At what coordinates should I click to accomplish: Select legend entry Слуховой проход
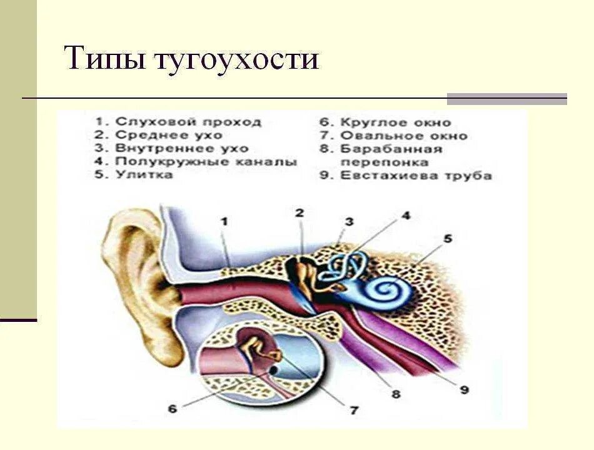[x=181, y=121]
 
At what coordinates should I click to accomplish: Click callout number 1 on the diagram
[x=224, y=221]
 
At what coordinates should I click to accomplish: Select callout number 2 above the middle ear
[x=300, y=214]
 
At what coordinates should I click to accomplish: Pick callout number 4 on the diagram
[x=406, y=217]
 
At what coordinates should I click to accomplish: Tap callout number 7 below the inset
[x=354, y=411]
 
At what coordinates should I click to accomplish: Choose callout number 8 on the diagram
[x=396, y=394]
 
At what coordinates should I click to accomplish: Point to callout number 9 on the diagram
[x=463, y=389]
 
